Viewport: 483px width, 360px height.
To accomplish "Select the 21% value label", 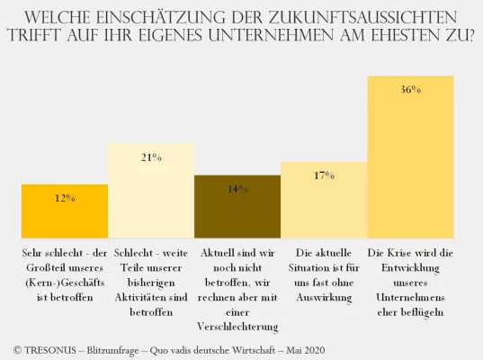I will pyautogui.click(x=151, y=157).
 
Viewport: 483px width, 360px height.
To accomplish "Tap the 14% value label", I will pyautogui.click(x=237, y=189).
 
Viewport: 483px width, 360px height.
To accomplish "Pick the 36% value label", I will pyautogui.click(x=410, y=90).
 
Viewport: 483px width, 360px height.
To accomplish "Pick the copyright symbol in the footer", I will pyautogui.click(x=19, y=347).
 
